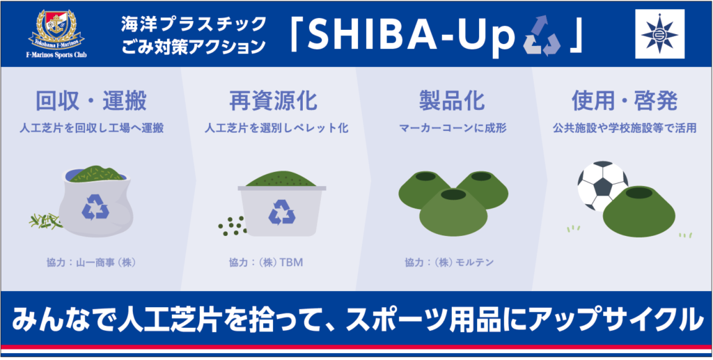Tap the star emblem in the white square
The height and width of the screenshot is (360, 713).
[x=659, y=33]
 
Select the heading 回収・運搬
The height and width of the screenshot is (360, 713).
[x=91, y=102]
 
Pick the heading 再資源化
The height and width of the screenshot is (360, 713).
[x=276, y=102]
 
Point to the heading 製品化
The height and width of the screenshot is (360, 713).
[x=451, y=102]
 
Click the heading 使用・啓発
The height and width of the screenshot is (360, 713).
[x=625, y=102]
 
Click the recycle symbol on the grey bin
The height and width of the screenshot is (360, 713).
[x=282, y=212]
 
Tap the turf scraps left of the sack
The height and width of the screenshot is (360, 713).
[x=44, y=221]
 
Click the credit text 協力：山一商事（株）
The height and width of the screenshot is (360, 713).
[x=91, y=263]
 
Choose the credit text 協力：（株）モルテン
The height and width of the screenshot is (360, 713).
[x=449, y=263]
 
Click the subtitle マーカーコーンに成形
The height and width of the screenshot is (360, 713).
[x=453, y=129]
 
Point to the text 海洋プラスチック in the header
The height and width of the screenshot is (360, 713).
[x=193, y=24]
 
